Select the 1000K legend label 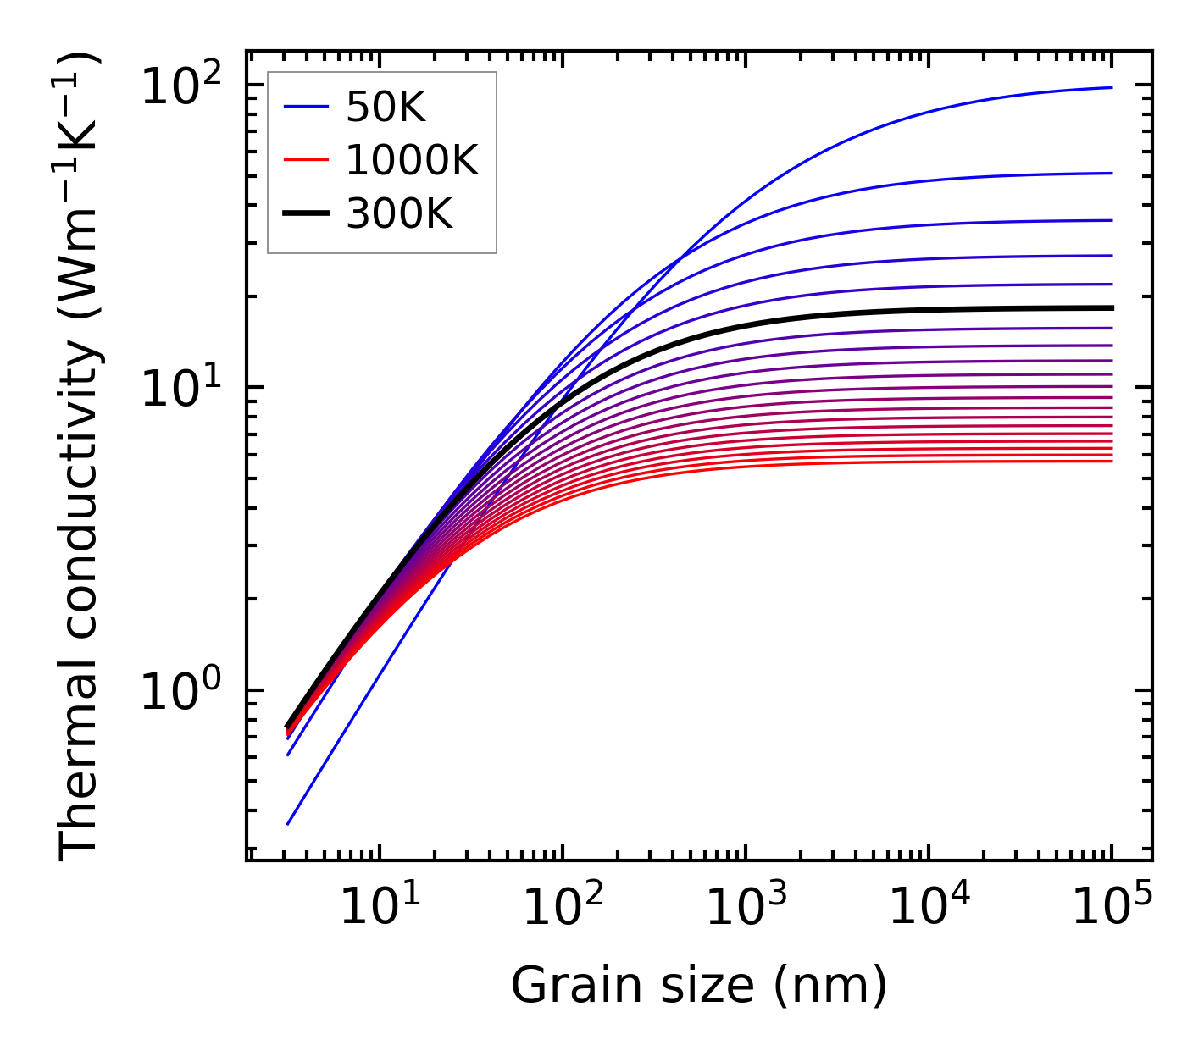412,160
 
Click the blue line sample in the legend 306,107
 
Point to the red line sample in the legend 306,160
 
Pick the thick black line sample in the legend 306,214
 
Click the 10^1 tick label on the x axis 380,908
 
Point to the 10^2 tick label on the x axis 563,908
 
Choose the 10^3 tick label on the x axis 746,908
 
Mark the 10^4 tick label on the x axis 929,908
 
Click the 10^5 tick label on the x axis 1112,908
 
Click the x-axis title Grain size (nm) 699,986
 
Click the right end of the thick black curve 1111,308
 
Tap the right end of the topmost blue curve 1111,87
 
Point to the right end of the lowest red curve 1111,461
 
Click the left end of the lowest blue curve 288,824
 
